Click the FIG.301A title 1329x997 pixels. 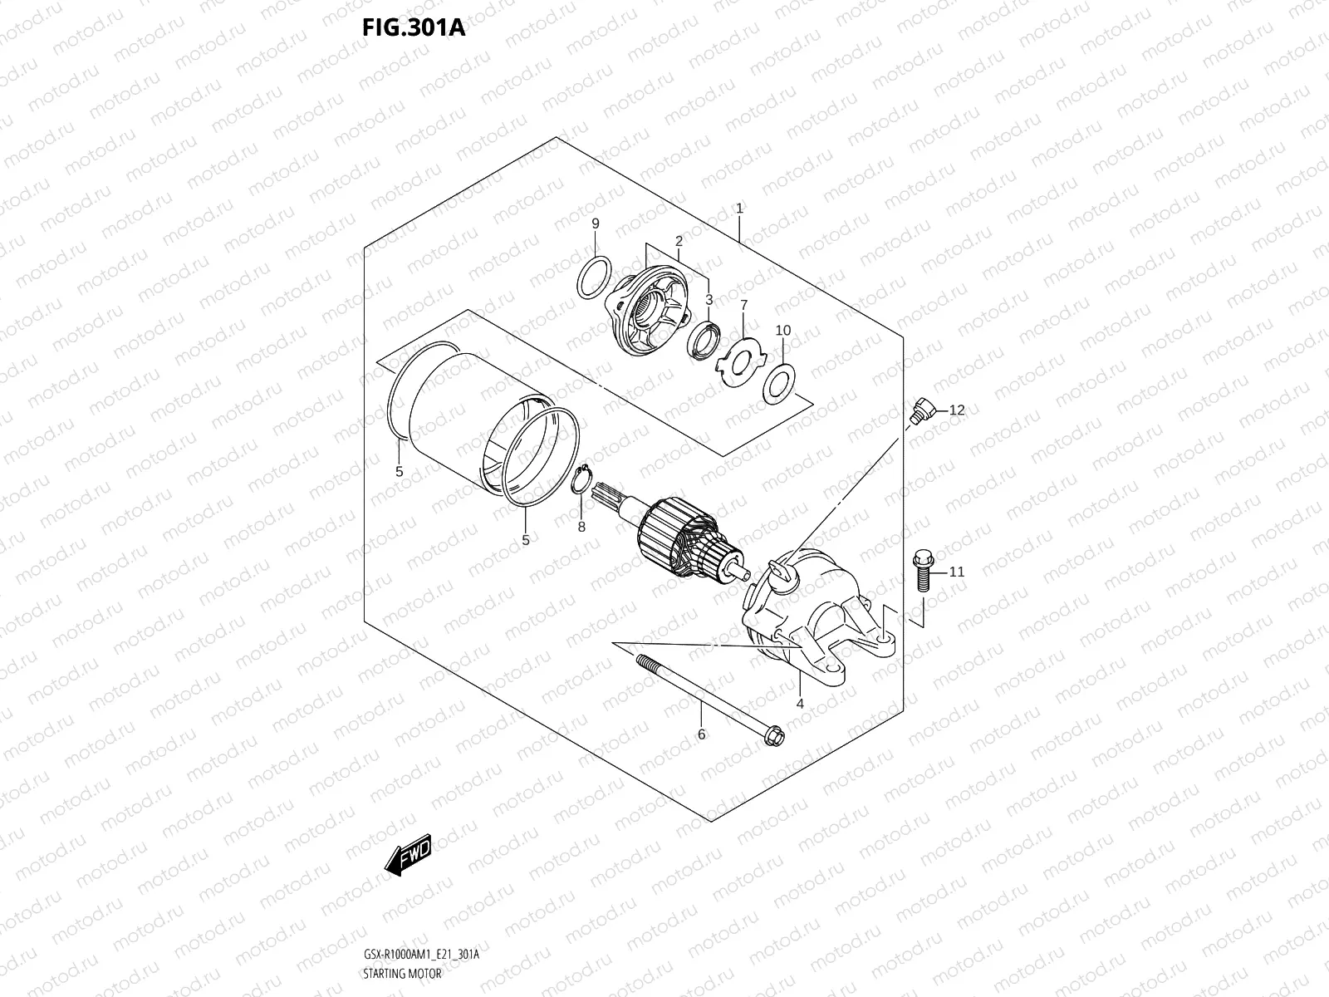413,27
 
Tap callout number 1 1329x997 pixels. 738,209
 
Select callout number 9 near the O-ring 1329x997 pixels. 595,223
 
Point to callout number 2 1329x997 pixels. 679,241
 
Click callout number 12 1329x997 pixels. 957,410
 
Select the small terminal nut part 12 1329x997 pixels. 921,410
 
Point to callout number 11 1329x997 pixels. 957,572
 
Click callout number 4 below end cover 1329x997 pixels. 800,703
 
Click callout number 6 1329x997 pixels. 701,734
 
